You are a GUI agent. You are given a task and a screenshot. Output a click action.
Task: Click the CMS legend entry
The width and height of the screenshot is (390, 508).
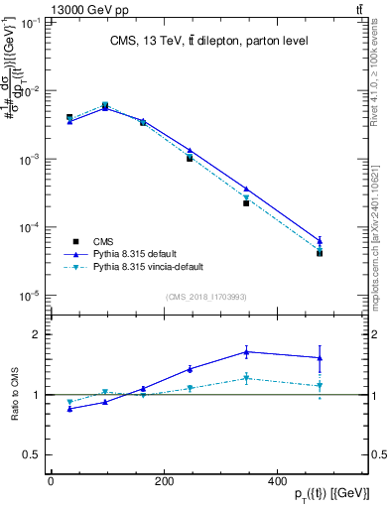point(104,241)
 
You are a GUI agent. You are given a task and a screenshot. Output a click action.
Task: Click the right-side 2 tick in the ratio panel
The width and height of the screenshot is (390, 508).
point(368,334)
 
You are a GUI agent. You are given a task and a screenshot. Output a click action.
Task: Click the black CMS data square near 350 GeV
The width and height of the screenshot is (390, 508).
point(246,202)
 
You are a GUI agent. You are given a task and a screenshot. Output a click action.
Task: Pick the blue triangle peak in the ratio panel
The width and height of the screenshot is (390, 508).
point(246,351)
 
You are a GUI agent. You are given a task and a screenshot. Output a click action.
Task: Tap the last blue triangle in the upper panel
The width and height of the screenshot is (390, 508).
point(320,240)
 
